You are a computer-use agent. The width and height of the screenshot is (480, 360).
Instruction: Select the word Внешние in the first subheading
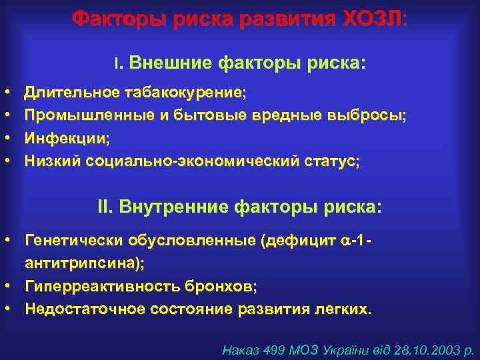point(169,63)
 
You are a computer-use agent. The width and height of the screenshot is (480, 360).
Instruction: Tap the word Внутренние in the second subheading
point(175,207)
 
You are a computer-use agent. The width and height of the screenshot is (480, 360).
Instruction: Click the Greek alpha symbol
point(346,240)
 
